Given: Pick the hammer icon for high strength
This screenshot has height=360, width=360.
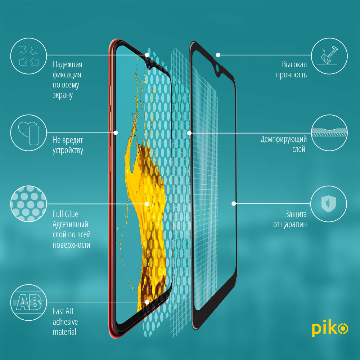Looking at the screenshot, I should pyautogui.click(x=329, y=55).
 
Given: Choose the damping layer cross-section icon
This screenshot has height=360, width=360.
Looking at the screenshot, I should pyautogui.click(x=329, y=132).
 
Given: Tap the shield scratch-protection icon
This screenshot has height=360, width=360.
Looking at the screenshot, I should pyautogui.click(x=329, y=204).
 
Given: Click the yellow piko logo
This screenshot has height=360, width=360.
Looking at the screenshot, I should pyautogui.click(x=330, y=329).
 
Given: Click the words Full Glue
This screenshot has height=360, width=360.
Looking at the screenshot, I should pyautogui.click(x=66, y=214).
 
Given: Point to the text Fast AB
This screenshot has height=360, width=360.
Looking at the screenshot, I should pyautogui.click(x=63, y=311).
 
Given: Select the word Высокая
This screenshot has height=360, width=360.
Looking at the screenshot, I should pyautogui.click(x=294, y=65).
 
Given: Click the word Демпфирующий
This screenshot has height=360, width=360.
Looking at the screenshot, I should pyautogui.click(x=284, y=139).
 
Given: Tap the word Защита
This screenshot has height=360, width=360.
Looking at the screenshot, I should pyautogui.click(x=296, y=215).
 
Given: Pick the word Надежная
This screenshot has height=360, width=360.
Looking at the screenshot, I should pyautogui.click(x=67, y=65).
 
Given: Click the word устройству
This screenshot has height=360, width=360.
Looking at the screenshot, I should pyautogui.click(x=68, y=150).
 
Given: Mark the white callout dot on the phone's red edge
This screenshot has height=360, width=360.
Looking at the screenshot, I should pyautogui.click(x=116, y=132).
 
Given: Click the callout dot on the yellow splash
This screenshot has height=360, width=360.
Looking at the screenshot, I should pyautogui.click(x=147, y=204).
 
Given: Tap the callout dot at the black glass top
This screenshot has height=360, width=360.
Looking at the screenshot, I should pyautogui.click(x=218, y=55).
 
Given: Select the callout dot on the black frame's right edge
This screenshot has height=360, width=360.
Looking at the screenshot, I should pyautogui.click(x=234, y=203).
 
